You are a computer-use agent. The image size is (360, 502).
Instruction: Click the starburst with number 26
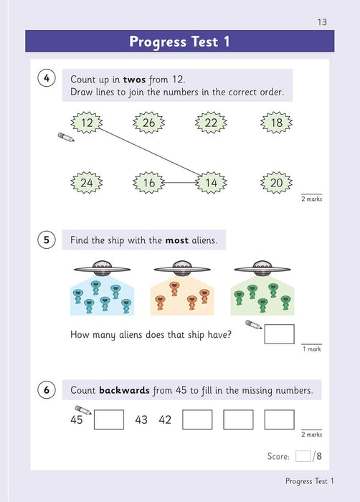point(148,123)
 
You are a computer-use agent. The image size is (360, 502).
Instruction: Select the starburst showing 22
point(211,123)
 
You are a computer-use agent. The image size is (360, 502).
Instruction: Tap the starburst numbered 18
point(277,123)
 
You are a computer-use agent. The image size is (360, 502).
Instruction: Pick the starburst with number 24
point(87,183)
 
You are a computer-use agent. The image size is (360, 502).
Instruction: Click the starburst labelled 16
point(148,183)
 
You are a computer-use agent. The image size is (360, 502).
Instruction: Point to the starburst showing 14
point(211,183)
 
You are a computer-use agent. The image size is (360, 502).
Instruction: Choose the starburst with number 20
point(277,183)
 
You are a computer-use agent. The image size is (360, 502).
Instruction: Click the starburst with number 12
point(87,123)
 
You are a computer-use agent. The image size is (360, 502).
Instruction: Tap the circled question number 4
point(45,79)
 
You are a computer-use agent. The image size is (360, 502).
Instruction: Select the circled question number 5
point(45,240)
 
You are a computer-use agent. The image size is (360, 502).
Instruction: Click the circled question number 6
point(45,390)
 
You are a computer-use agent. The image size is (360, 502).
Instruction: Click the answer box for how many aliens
point(279,334)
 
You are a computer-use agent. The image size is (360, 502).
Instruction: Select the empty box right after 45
point(108,420)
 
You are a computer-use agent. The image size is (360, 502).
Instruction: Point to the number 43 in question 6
point(141,420)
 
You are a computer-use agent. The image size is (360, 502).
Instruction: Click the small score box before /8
point(303,455)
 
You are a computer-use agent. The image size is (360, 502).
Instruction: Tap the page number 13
point(321,22)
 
